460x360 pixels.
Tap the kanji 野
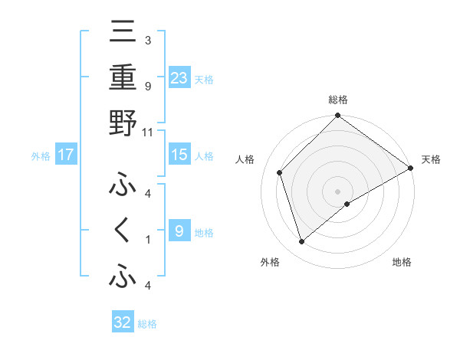123,123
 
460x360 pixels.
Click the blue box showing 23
179,78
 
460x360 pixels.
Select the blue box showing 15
179,155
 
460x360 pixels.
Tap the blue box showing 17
66,155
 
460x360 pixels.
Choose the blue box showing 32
123,322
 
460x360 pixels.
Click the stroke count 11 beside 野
148,132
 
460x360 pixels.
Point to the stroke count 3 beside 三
147,41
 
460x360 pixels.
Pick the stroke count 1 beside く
147,240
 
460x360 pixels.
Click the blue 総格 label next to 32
147,323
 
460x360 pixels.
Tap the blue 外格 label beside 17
41,155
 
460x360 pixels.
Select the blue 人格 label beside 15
204,155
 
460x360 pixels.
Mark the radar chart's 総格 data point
337,116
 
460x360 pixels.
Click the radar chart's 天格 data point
410,168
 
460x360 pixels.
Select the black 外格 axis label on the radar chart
270,262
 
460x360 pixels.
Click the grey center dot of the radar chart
337,190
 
